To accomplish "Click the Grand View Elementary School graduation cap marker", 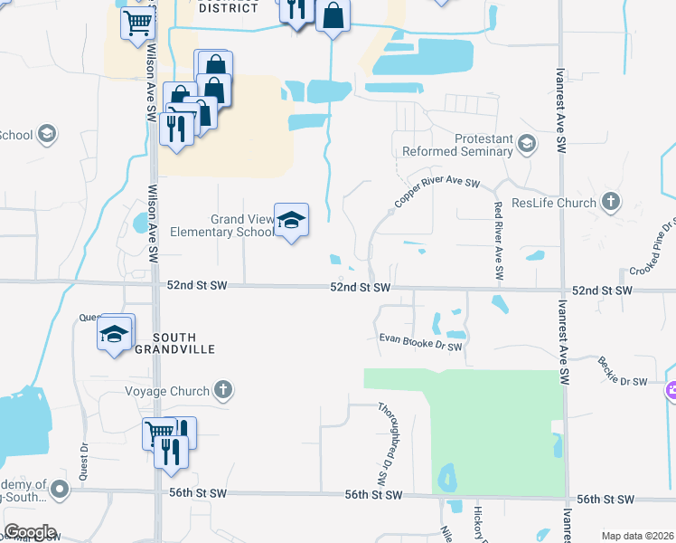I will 291,220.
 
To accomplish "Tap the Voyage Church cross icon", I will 224,391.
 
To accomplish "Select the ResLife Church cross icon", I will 611,202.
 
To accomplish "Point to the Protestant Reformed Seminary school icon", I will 526,143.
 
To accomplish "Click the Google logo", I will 30,532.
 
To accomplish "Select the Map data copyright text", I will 636,536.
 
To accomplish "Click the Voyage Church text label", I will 167,391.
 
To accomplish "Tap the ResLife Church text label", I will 554,203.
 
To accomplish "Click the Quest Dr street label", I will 83,461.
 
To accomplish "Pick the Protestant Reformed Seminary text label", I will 484,145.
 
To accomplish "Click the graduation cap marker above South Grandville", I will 115,333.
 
